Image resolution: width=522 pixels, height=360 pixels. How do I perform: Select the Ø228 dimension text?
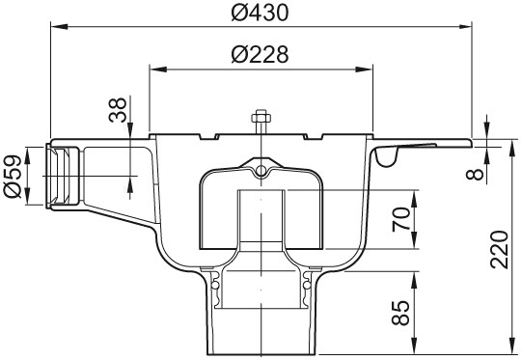(261, 56)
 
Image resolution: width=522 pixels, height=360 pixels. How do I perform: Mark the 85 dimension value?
(399, 311)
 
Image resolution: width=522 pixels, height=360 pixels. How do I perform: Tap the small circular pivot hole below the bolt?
(261, 171)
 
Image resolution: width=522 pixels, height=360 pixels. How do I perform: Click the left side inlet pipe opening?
(60, 176)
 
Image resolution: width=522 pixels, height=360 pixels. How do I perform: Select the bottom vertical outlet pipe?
(261, 318)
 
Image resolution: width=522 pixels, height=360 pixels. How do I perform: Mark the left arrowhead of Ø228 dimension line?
(154, 69)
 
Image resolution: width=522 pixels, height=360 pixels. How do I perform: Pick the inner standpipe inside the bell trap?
(261, 217)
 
